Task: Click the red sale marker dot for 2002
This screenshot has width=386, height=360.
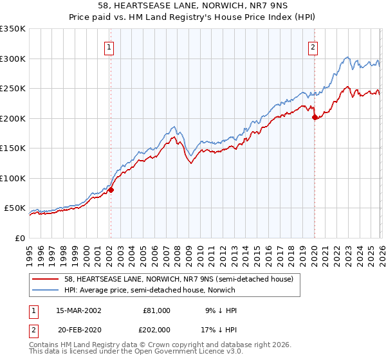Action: (x=111, y=190)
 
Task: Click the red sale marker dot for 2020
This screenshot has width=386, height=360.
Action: (x=315, y=118)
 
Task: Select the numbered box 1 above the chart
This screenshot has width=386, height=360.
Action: (x=109, y=47)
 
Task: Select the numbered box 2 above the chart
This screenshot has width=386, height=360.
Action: (x=313, y=47)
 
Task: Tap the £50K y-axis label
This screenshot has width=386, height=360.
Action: (x=15, y=208)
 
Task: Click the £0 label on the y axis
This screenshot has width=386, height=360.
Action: (x=19, y=239)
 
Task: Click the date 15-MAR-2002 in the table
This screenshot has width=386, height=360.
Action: (x=78, y=310)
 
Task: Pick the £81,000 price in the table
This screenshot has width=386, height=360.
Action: (x=155, y=310)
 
